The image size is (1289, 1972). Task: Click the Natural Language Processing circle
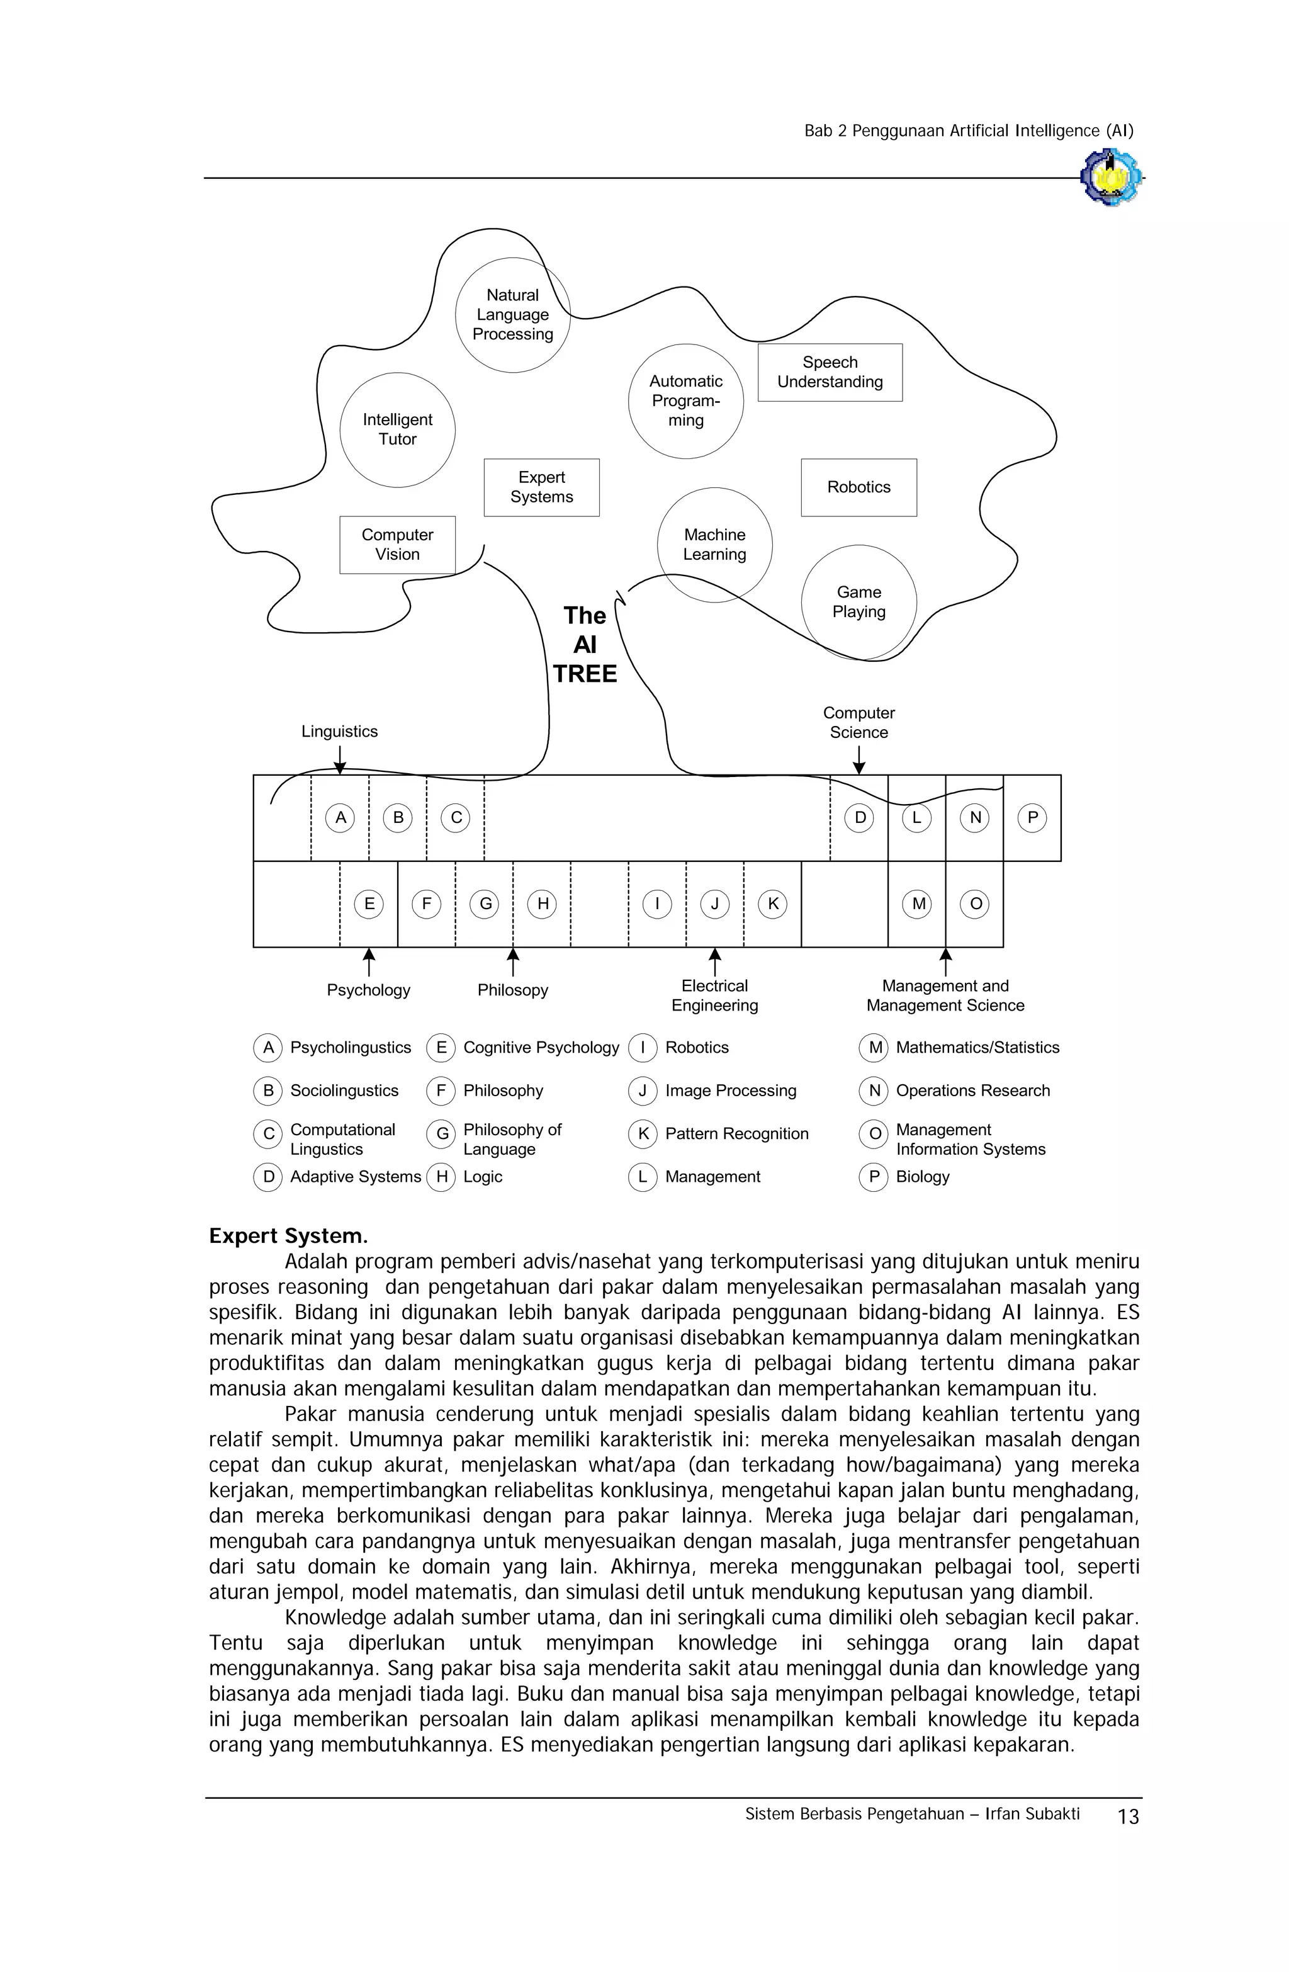[x=513, y=315]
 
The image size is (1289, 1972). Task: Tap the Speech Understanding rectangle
[x=830, y=372]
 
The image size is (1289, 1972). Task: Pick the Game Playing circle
[x=858, y=603]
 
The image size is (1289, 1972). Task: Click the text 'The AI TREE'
[x=585, y=644]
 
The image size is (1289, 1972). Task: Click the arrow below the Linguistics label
[x=340, y=759]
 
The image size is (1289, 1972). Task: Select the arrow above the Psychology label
[x=369, y=962]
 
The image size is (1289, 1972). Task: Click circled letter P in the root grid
[x=1032, y=818]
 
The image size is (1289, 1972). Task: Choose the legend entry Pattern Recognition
[x=736, y=1133]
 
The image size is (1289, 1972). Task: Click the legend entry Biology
[x=921, y=1177]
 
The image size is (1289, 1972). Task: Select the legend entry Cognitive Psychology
[x=540, y=1047]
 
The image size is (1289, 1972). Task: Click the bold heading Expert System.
[x=288, y=1235]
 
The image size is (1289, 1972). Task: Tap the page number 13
[x=1127, y=1817]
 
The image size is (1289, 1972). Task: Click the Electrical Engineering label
[x=714, y=995]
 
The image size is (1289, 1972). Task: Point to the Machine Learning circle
[x=714, y=545]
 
